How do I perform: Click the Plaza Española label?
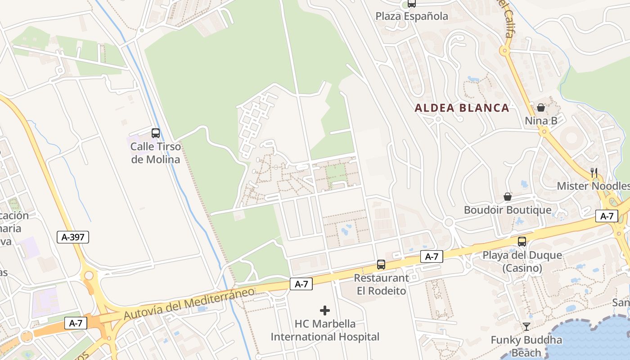(x=412, y=16)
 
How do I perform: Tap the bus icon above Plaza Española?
(x=412, y=4)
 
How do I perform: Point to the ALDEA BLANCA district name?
(x=462, y=108)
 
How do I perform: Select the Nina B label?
(x=541, y=121)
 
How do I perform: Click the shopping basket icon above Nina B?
(x=541, y=108)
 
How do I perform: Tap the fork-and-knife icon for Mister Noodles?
(x=594, y=172)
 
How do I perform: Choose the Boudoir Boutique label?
(x=508, y=210)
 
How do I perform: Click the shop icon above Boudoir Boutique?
(x=508, y=197)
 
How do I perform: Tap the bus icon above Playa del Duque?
(x=522, y=242)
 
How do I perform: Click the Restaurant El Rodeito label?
(x=381, y=284)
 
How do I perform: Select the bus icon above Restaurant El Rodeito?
(x=381, y=264)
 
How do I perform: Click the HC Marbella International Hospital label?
(x=325, y=330)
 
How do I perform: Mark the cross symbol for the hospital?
(x=325, y=310)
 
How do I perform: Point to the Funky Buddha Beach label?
(x=526, y=346)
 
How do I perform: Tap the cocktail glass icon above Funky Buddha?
(x=526, y=326)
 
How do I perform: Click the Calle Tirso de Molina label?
(x=155, y=153)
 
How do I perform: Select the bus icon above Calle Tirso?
(x=156, y=133)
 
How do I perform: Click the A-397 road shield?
(x=73, y=237)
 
